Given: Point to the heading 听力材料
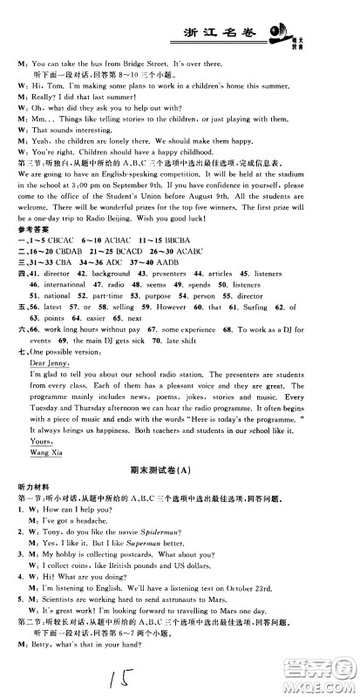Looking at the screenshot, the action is tap(33, 491).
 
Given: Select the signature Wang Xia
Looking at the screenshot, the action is tap(49, 453).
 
